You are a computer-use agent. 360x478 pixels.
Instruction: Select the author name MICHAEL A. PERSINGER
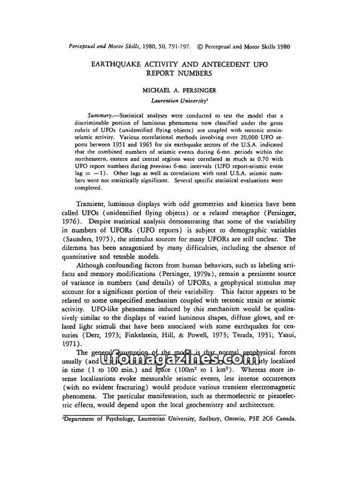pos(180,91)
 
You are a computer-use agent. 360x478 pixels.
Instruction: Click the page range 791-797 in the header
pos(180,46)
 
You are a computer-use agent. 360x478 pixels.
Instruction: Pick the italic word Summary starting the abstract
pos(98,115)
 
